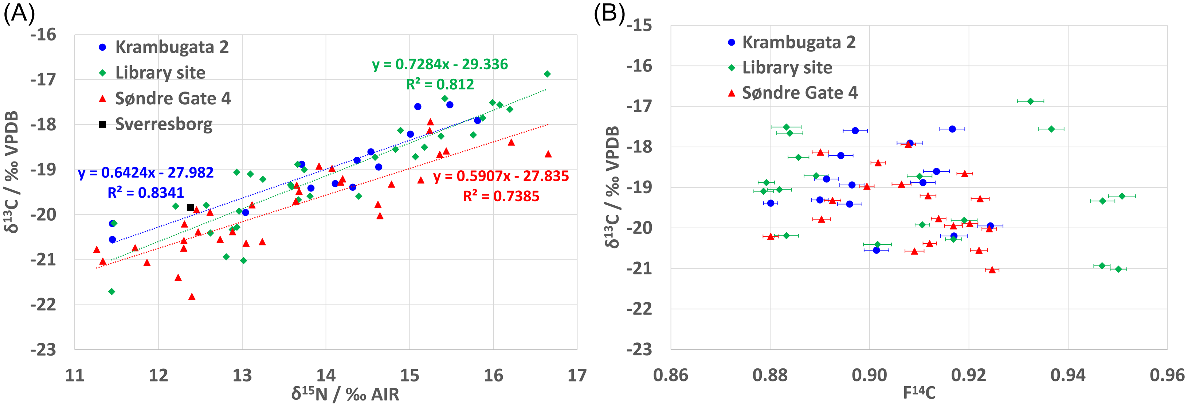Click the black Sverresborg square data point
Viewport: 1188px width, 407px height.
[x=191, y=207]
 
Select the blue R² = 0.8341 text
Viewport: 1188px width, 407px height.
[x=146, y=193]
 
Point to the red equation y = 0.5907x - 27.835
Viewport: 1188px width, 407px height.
[x=501, y=176]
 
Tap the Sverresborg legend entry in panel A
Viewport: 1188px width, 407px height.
[x=164, y=124]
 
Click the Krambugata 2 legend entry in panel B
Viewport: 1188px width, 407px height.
[x=798, y=42]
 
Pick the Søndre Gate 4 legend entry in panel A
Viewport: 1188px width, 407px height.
[x=172, y=98]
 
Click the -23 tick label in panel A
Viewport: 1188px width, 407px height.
[x=43, y=349]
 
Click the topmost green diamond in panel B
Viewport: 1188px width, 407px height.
[x=1030, y=101]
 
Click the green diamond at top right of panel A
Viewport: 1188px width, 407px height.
[x=547, y=74]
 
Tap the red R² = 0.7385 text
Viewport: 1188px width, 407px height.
[x=501, y=197]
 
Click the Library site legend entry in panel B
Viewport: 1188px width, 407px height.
[x=787, y=68]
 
